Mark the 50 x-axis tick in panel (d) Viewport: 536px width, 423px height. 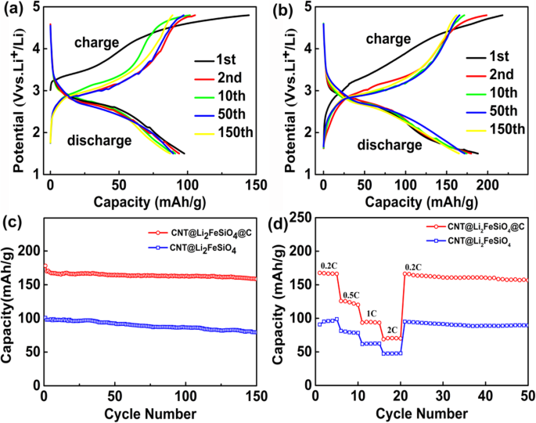(x=527, y=397)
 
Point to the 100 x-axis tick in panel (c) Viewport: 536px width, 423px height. (x=187, y=397)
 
